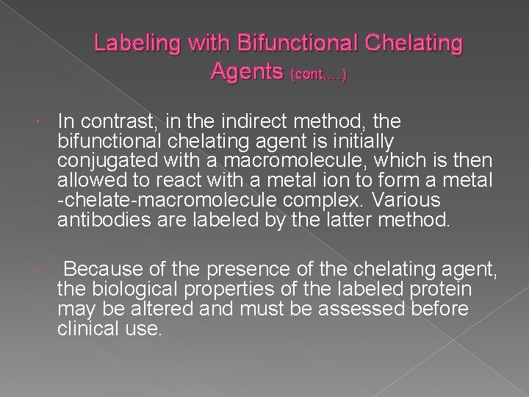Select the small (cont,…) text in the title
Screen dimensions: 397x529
click(x=320, y=74)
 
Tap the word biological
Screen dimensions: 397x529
click(x=129, y=290)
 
